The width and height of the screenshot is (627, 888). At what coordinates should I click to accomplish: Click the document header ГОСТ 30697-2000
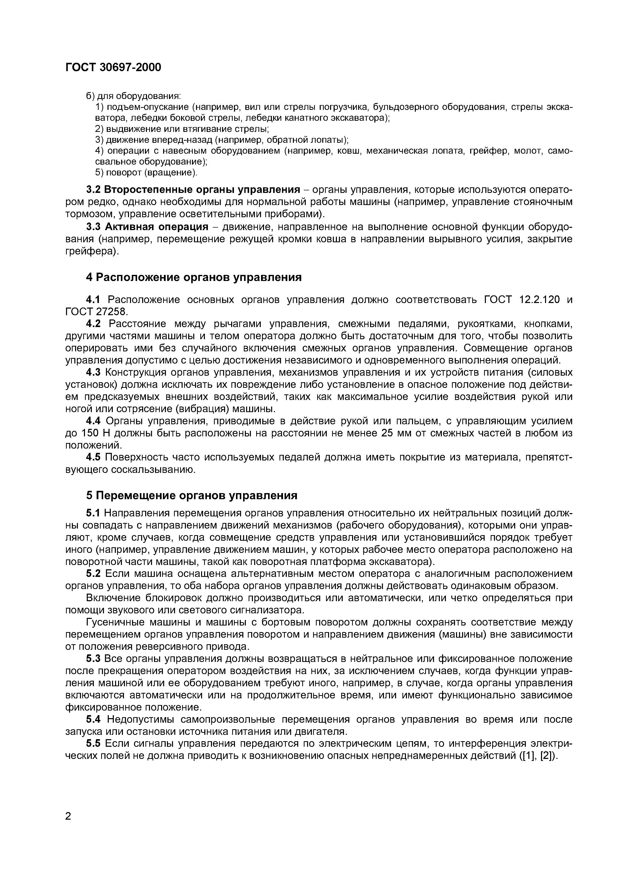pos(113,68)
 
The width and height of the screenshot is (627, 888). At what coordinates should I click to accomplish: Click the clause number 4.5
pos(93,457)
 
